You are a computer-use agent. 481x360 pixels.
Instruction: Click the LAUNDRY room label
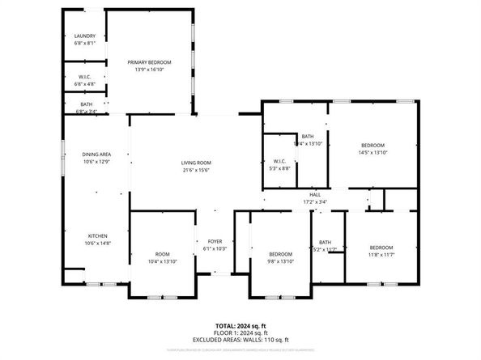click(x=85, y=36)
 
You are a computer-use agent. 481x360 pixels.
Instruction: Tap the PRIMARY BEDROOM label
click(x=149, y=62)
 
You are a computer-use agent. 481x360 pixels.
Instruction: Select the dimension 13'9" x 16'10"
click(x=149, y=70)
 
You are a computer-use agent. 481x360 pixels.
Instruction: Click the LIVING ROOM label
click(x=196, y=163)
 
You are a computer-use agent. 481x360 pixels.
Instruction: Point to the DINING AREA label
click(x=96, y=155)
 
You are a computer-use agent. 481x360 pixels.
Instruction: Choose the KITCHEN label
click(x=96, y=236)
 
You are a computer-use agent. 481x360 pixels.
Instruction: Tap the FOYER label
click(x=215, y=241)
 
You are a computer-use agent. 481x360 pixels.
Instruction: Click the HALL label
click(x=315, y=195)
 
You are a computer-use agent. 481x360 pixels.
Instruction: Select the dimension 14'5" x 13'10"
click(x=373, y=152)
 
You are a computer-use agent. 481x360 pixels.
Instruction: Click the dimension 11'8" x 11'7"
click(x=381, y=254)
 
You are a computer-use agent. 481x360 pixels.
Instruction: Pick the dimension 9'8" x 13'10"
click(x=280, y=260)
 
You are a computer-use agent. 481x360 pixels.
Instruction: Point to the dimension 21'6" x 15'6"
click(x=196, y=170)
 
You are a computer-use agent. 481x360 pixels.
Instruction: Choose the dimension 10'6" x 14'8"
click(x=96, y=243)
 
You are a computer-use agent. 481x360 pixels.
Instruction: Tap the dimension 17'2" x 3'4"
click(x=315, y=201)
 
